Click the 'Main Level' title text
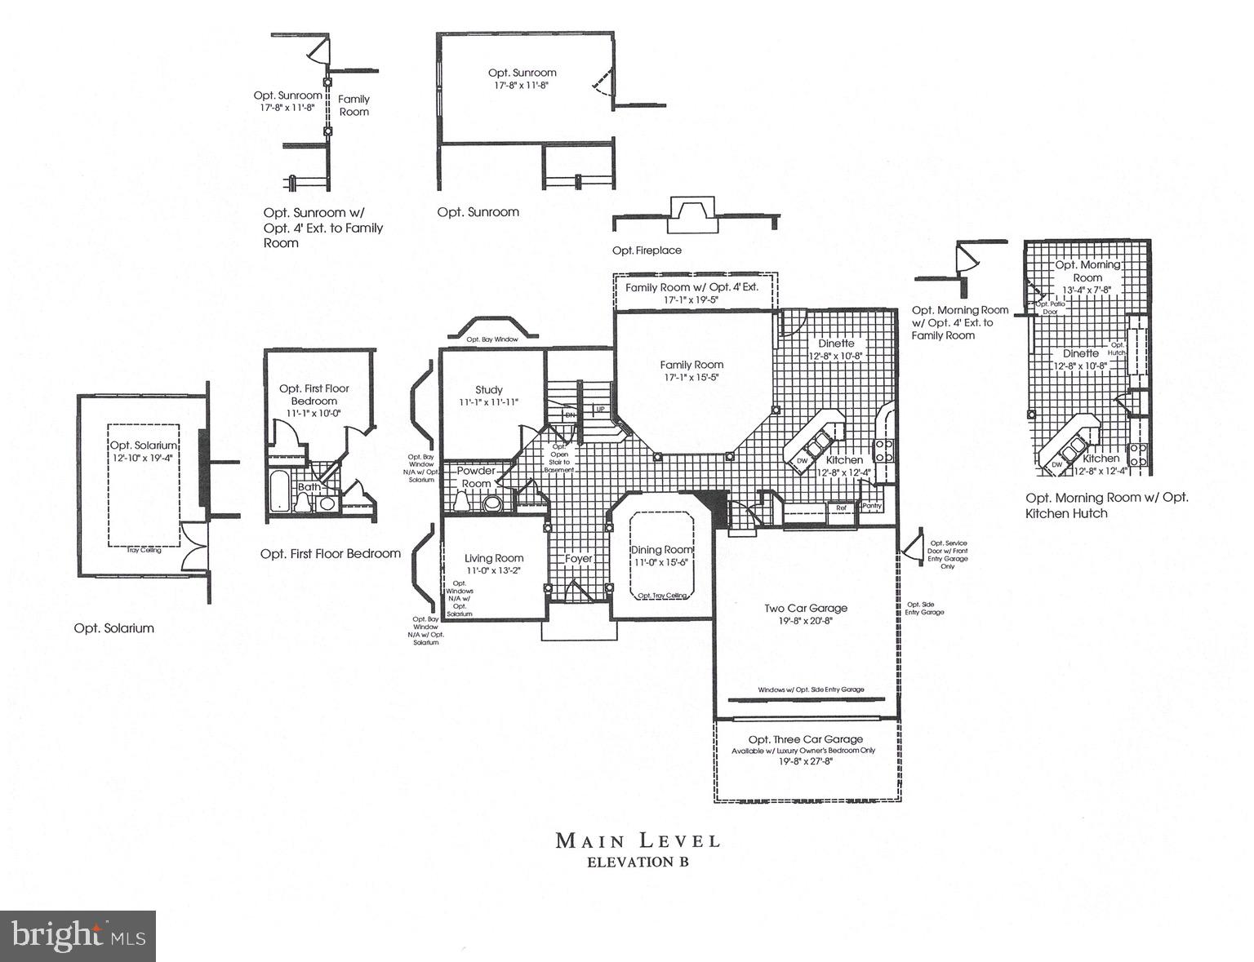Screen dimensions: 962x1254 point(638,840)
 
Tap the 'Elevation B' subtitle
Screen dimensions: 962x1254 point(638,862)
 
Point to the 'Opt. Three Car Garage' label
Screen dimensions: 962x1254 point(805,739)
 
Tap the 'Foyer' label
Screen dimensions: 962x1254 point(578,559)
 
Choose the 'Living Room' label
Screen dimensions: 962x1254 point(494,558)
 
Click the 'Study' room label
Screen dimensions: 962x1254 point(489,390)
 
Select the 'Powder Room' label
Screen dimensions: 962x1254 point(476,477)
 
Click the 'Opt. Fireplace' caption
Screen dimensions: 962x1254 point(647,250)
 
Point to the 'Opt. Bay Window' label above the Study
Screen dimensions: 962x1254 point(491,339)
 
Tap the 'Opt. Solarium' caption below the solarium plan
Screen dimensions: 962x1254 point(113,628)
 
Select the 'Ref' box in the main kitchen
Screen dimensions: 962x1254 point(840,508)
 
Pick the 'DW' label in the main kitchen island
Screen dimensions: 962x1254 point(802,461)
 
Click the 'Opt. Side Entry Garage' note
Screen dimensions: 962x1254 point(925,609)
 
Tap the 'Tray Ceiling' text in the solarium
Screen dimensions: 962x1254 point(144,550)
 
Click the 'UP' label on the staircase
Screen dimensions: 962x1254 point(601,409)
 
